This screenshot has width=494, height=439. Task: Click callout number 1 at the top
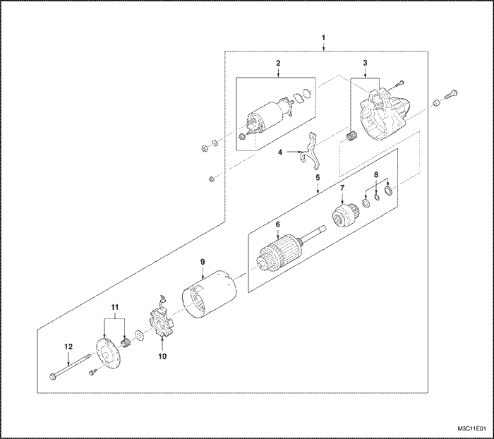click(x=323, y=36)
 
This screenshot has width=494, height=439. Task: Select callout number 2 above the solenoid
click(x=278, y=64)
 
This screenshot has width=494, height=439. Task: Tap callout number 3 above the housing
click(x=365, y=64)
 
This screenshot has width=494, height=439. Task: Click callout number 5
click(x=318, y=179)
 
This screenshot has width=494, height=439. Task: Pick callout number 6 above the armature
click(x=278, y=224)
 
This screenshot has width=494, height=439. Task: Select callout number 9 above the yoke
click(x=202, y=262)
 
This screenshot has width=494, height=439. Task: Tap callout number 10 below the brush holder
click(x=162, y=356)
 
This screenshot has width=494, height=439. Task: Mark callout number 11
click(x=114, y=308)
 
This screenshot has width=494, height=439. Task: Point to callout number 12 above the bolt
click(x=68, y=346)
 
